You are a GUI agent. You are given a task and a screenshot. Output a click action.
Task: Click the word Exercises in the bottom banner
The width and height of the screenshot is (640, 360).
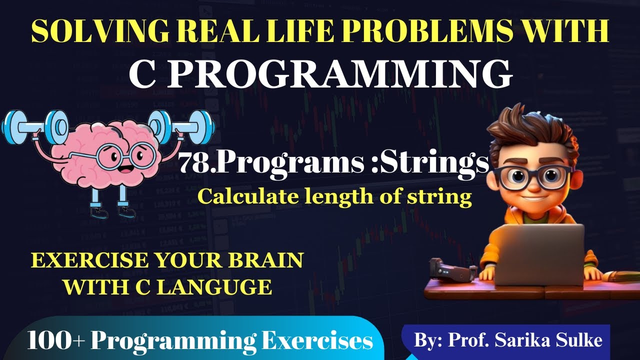click(317, 341)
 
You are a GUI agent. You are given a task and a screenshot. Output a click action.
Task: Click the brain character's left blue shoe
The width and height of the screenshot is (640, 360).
click(99, 212)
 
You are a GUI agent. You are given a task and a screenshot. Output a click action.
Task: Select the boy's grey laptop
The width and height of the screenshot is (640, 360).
click(540, 252)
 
